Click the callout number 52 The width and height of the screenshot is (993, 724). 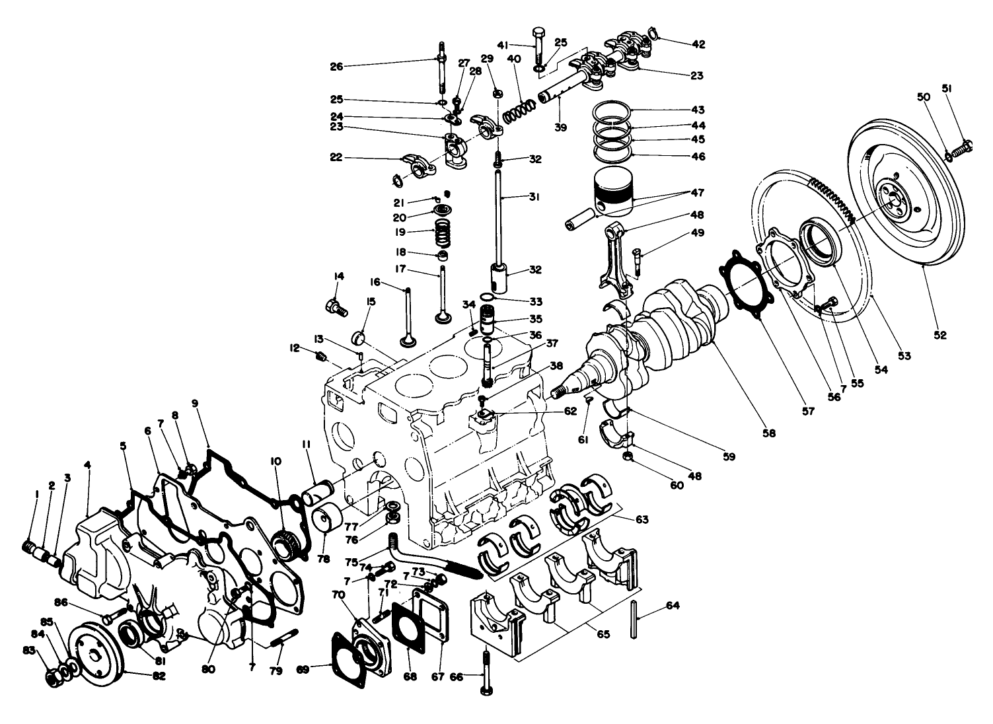click(x=940, y=336)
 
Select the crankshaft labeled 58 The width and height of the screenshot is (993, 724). click(x=667, y=337)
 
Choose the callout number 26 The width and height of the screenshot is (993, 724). click(x=337, y=66)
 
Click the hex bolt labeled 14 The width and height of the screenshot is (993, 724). click(x=334, y=306)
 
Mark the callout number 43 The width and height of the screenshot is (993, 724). click(x=698, y=110)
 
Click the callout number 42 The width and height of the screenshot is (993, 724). click(x=698, y=45)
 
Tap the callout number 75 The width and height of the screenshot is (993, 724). click(x=351, y=562)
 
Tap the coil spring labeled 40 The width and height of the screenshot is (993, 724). click(x=519, y=109)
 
